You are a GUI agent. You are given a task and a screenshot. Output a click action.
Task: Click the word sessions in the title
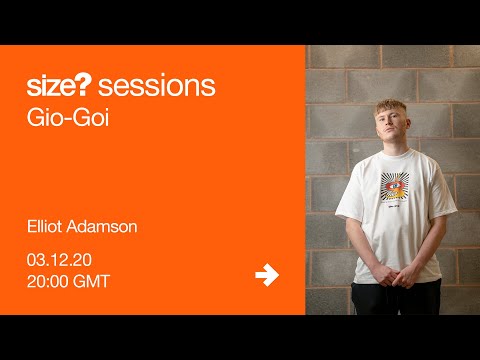[159, 86]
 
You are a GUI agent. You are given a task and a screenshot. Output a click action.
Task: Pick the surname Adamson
[105, 226]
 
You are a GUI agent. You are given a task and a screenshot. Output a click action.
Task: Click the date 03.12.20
[61, 259]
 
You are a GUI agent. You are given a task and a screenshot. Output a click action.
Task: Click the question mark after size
[93, 86]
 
